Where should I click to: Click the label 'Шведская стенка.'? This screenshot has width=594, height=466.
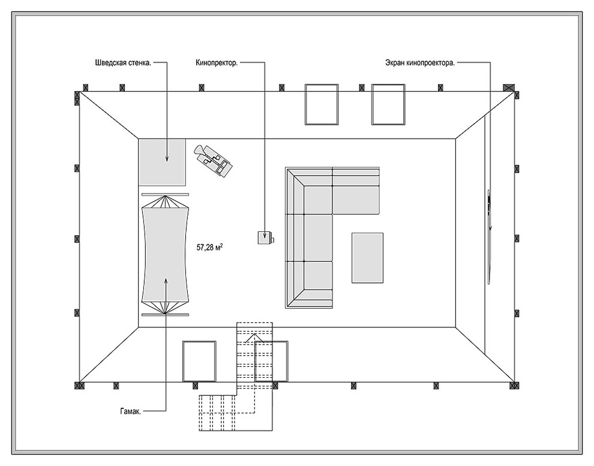tap(122, 62)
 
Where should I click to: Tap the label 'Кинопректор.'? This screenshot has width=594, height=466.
tap(217, 62)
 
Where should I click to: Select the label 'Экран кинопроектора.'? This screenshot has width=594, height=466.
tap(419, 62)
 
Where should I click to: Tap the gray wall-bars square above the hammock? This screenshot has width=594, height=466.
tap(162, 162)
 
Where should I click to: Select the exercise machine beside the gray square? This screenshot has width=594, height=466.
tap(214, 161)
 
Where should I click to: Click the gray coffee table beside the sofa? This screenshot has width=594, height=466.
tap(367, 258)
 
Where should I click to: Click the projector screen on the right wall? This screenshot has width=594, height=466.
tap(489, 237)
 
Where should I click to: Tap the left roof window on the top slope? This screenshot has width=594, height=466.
tap(322, 104)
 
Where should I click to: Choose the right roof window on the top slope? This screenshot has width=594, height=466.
tap(388, 104)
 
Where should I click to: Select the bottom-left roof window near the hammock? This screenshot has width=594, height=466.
tap(199, 361)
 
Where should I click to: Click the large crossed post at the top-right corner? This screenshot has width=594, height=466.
tap(509, 88)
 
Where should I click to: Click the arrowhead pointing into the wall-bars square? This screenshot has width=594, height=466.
tap(167, 159)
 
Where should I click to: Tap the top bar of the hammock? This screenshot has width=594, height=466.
tap(165, 195)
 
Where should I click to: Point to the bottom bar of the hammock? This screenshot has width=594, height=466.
tap(165, 314)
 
